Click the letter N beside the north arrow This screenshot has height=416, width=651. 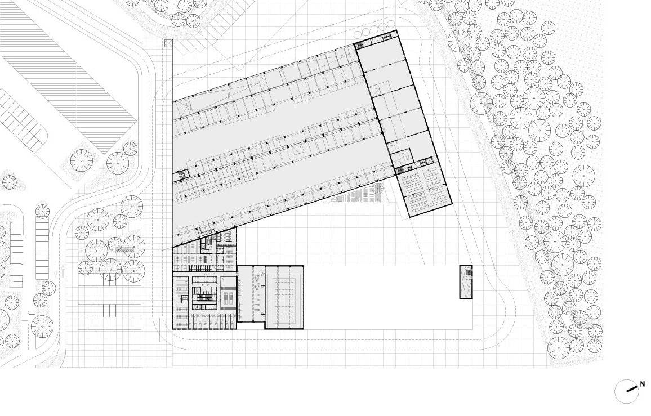pos(643,384)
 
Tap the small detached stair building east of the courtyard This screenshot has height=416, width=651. pos(466,281)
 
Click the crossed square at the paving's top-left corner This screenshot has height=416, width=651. pos(167,43)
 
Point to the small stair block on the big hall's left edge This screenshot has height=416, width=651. pos(182,175)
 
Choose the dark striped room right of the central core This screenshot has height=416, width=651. pos(228,298)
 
